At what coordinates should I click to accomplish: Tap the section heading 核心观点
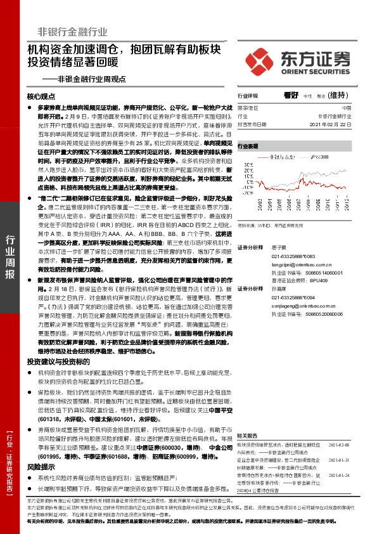coord(42,96)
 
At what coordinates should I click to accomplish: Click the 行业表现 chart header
coord(248,146)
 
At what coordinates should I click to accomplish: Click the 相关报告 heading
coord(248,436)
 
